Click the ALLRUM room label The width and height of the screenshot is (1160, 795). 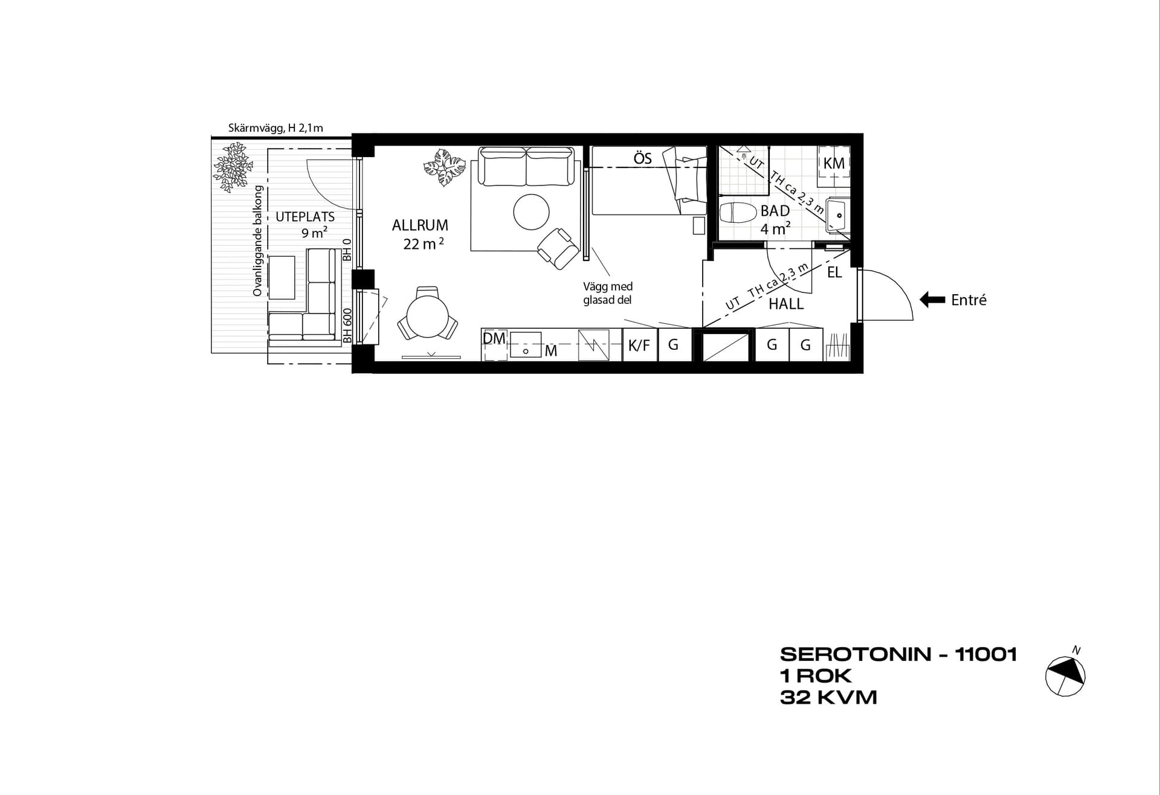click(420, 225)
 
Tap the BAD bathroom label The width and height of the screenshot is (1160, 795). click(775, 211)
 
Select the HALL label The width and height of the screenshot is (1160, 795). click(786, 304)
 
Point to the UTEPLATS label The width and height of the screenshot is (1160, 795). click(305, 217)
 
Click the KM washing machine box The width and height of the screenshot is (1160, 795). click(834, 163)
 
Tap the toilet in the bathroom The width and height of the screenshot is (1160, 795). click(738, 213)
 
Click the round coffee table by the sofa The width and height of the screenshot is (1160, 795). click(531, 211)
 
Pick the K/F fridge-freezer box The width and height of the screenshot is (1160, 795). click(639, 345)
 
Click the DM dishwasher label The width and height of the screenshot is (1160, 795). click(494, 338)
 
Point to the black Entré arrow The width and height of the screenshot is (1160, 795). click(932, 300)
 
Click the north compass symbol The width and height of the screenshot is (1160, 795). click(1066, 674)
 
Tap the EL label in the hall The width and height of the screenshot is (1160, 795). click(834, 272)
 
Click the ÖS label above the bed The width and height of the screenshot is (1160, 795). click(643, 158)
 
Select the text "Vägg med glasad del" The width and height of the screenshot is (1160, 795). click(608, 293)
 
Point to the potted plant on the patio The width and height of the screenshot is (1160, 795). click(231, 167)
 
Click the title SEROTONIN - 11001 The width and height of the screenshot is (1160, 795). click(899, 654)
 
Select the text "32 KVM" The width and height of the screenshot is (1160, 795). click(828, 698)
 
